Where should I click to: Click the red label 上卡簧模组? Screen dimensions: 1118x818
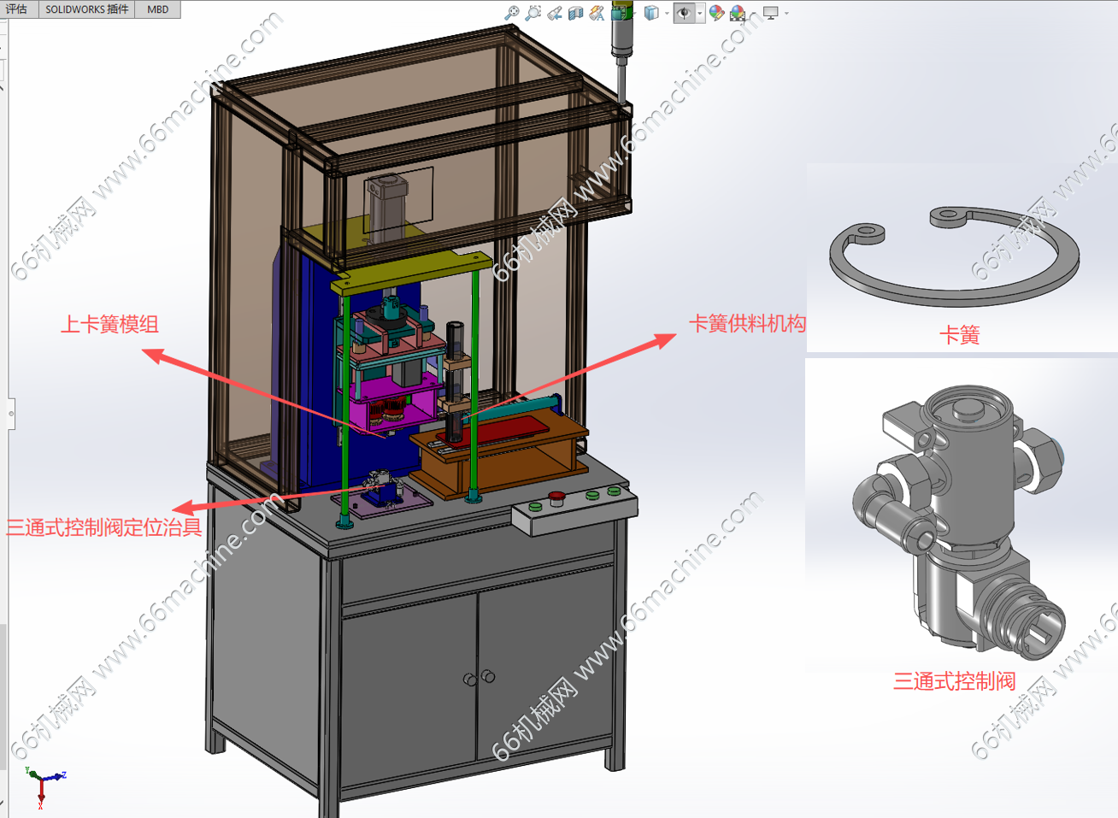109,325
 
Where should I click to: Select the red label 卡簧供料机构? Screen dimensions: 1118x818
747,323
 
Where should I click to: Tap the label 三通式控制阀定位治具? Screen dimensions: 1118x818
103,527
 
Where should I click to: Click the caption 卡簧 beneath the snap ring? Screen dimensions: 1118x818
959,335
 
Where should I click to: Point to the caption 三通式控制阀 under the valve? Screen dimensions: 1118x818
954,681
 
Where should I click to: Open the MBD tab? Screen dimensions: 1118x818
158,9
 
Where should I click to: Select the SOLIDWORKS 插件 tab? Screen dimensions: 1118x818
87,9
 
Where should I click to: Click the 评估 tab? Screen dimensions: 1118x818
16,9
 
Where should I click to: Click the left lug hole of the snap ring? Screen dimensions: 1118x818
867,231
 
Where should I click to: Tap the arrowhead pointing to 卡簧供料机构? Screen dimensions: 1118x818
667,340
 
